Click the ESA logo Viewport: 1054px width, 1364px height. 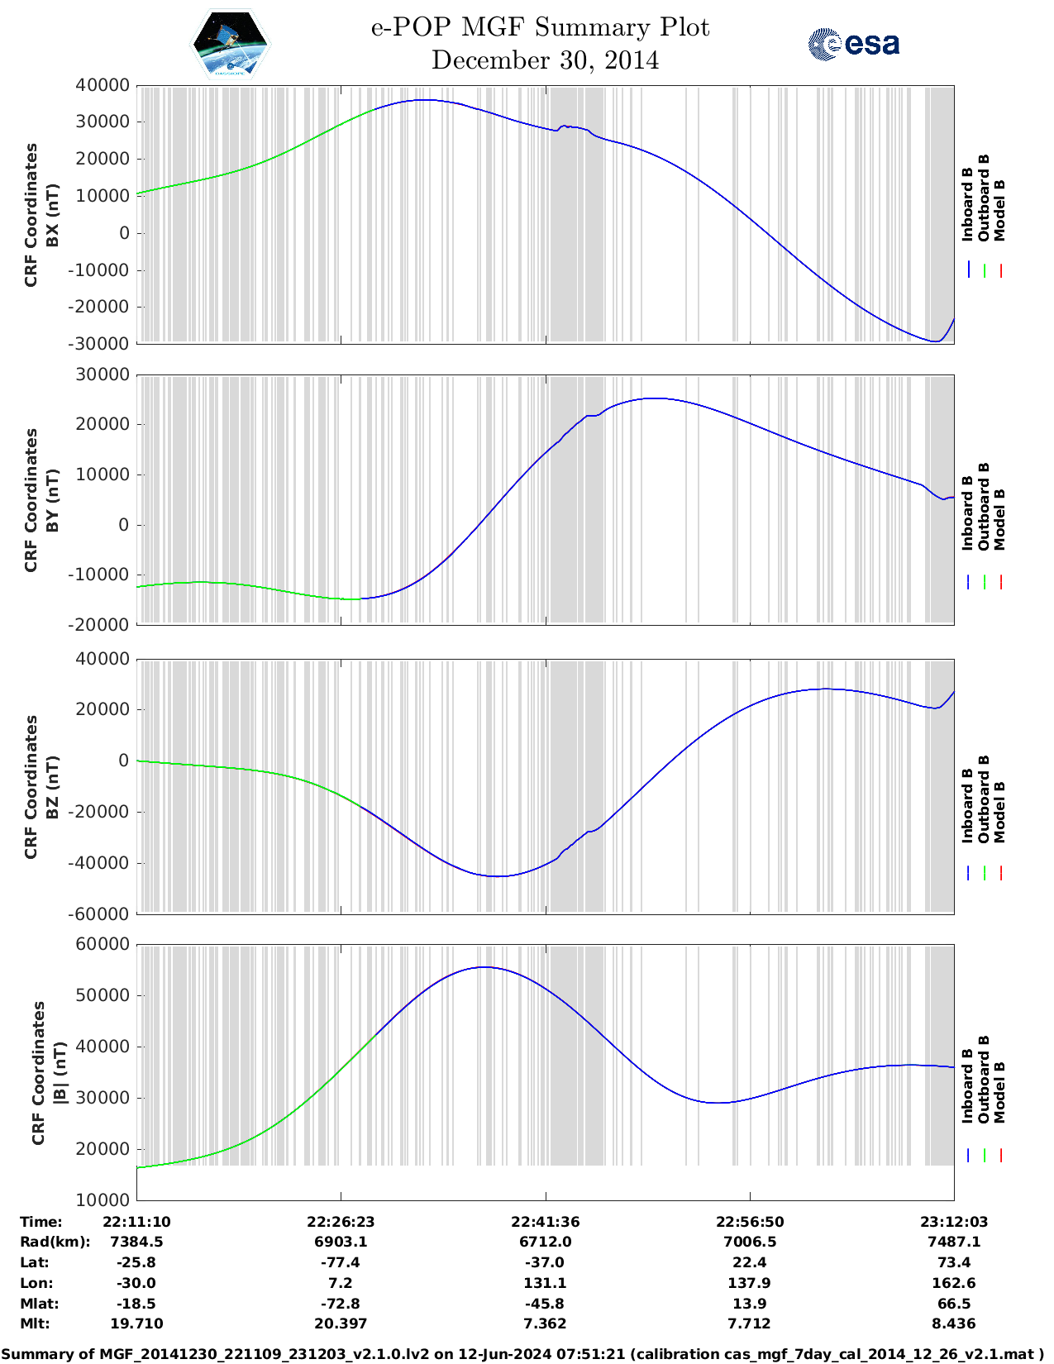[854, 44]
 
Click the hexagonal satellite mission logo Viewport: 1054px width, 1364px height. [230, 44]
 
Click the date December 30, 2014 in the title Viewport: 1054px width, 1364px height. [545, 60]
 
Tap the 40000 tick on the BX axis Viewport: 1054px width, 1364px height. [103, 85]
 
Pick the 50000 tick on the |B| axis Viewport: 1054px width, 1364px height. [103, 995]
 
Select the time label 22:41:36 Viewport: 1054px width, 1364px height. [545, 1222]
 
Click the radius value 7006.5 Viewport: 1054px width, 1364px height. [749, 1242]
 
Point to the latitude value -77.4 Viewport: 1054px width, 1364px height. [341, 1262]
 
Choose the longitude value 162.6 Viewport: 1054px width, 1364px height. [953, 1283]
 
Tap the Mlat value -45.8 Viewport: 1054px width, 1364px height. [545, 1304]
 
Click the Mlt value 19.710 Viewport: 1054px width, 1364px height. [136, 1323]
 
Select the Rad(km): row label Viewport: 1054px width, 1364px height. [55, 1242]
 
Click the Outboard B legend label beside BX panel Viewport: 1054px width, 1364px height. [984, 198]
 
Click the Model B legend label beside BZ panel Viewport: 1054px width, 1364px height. [999, 812]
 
